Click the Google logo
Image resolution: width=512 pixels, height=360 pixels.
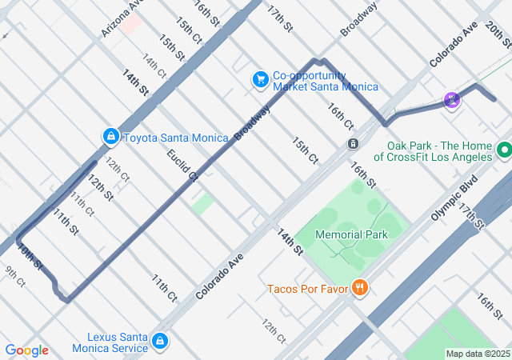[26, 350]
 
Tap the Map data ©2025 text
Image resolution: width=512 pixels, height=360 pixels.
[477, 354]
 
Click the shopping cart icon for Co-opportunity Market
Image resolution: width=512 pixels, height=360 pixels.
[260, 79]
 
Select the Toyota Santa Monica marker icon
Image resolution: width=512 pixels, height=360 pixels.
[110, 137]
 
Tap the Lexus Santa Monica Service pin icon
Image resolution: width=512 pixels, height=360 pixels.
[160, 342]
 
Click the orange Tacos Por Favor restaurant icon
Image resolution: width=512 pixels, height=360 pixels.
[360, 288]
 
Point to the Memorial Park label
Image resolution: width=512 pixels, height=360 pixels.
[351, 234]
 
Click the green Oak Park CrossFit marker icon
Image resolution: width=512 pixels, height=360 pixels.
[503, 150]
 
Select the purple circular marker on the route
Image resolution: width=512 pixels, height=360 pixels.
[452, 100]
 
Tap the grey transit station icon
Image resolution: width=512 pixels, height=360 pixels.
[353, 143]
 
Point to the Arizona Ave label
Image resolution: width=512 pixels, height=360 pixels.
[122, 18]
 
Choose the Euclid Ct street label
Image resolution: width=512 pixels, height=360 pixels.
[181, 163]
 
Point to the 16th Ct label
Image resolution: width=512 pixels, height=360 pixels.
[340, 116]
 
